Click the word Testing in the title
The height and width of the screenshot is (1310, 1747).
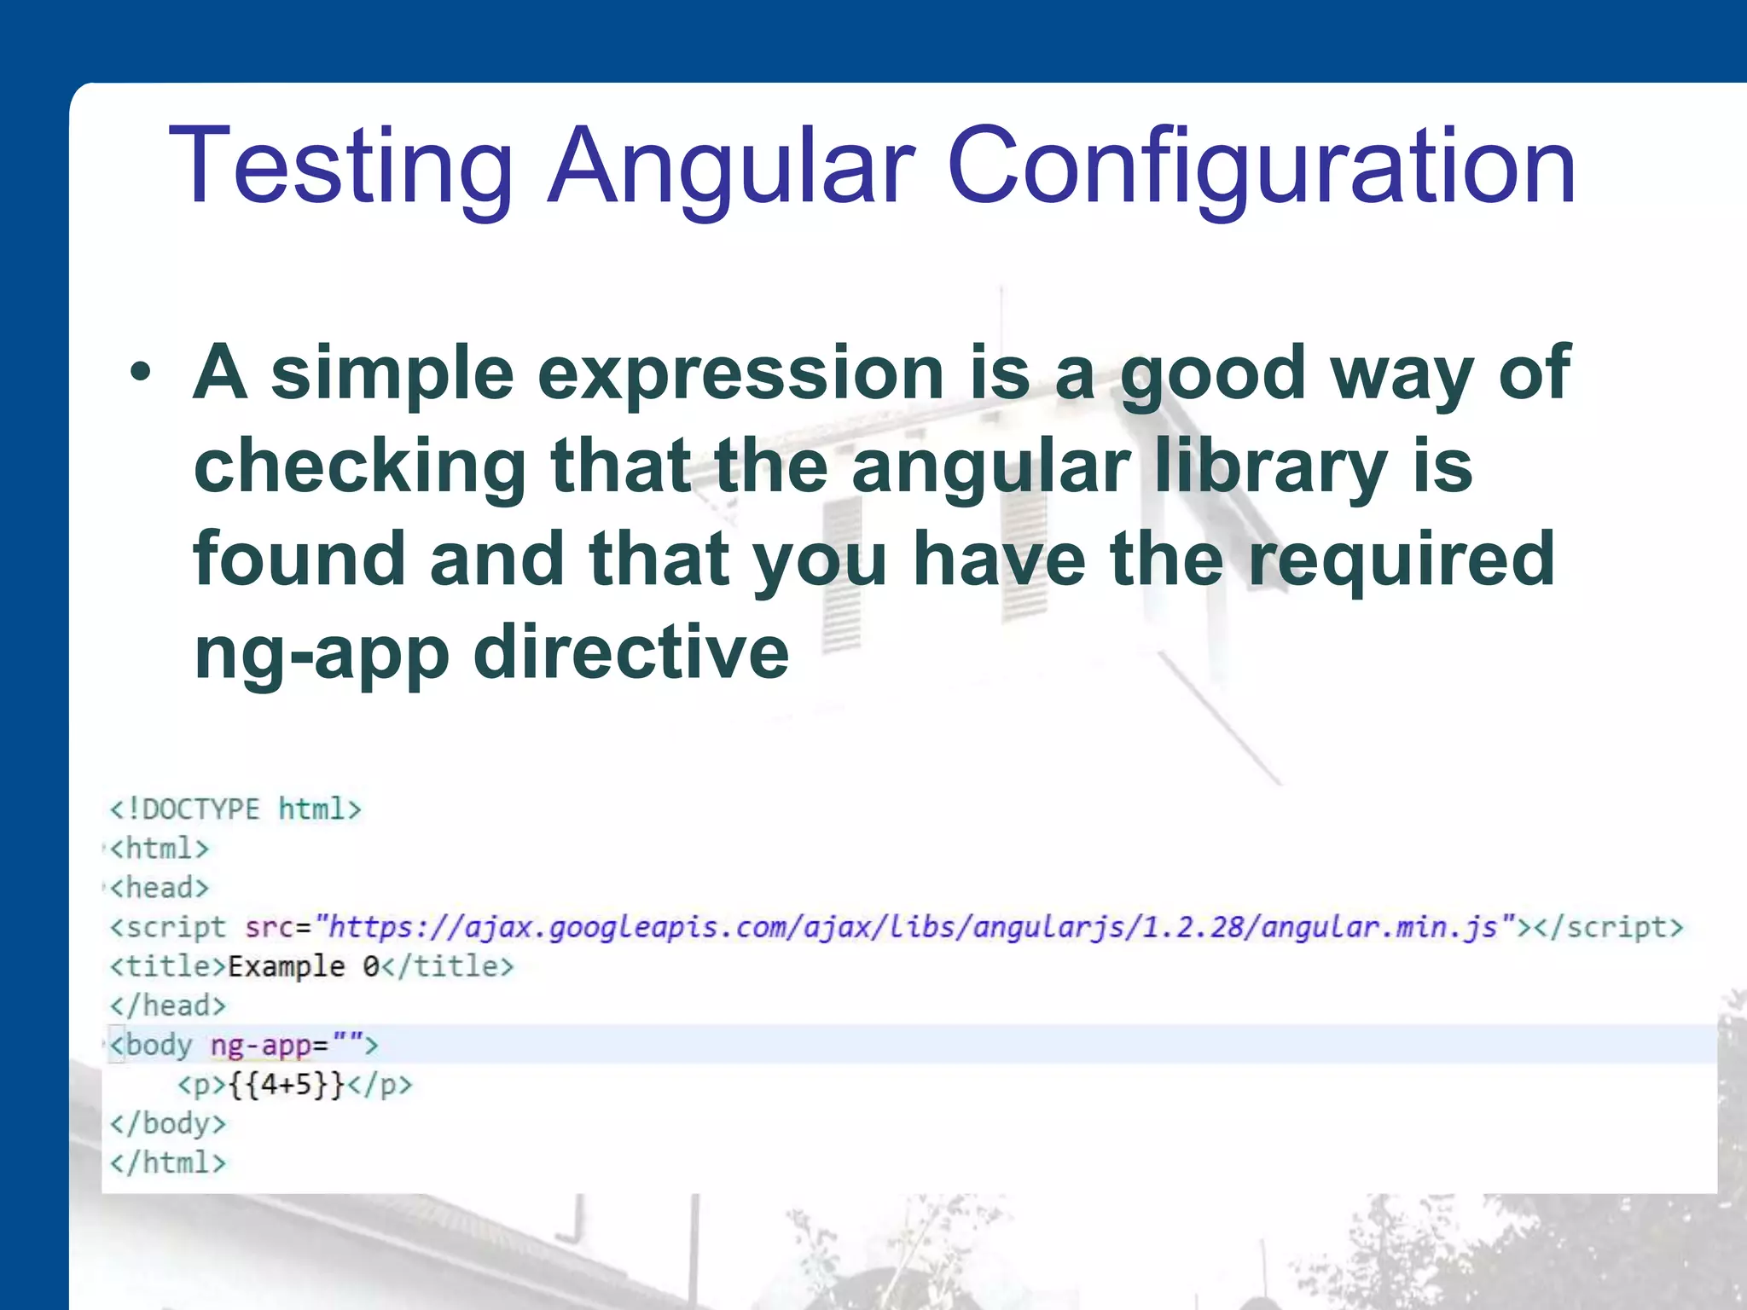coord(341,167)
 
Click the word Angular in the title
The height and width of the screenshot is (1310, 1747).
coord(731,167)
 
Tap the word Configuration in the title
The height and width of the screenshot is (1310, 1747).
coord(1261,167)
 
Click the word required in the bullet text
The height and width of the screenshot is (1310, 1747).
coord(1402,559)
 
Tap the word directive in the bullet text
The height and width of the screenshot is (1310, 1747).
coord(631,652)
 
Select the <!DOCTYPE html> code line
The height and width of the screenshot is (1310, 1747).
coord(235,809)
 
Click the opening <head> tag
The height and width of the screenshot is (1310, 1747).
coord(160,888)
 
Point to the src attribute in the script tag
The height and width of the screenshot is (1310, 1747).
coord(270,927)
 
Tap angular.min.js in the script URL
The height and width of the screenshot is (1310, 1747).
coord(1378,927)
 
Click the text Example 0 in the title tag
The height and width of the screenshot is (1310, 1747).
coord(303,966)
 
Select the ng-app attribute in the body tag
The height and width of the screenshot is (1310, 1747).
coord(260,1045)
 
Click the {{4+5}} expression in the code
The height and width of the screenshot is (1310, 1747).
coord(287,1085)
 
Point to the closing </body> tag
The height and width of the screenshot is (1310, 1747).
coord(168,1124)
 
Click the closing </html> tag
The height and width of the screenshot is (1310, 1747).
coord(168,1163)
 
